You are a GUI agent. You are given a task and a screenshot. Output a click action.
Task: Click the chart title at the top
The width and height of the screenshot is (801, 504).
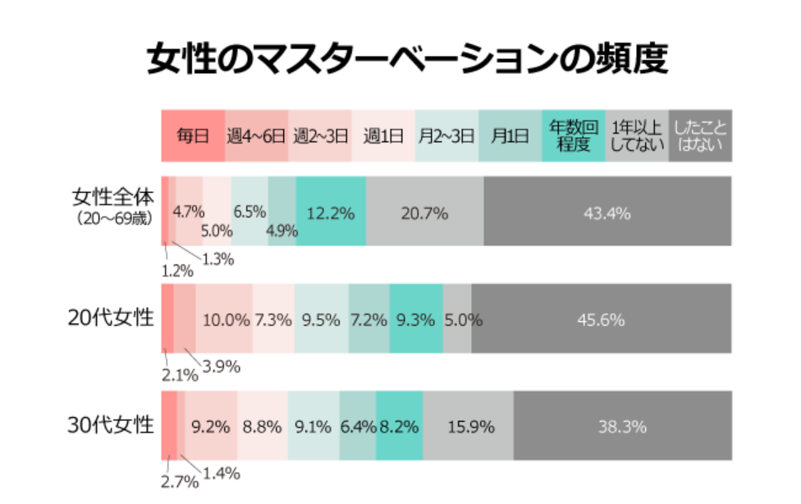click(400, 60)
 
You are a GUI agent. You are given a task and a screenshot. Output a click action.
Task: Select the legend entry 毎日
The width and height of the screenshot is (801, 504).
click(193, 135)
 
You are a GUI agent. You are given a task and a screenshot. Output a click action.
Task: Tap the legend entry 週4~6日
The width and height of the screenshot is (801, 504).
click(256, 135)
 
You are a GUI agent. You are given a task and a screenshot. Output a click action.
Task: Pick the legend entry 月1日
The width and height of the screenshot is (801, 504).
click(509, 135)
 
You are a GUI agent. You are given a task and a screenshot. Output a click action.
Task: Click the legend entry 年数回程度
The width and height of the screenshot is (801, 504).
click(573, 135)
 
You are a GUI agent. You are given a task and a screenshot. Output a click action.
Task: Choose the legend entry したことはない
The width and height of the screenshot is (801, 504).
click(700, 135)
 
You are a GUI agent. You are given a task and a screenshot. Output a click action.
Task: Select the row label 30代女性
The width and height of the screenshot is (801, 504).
click(111, 425)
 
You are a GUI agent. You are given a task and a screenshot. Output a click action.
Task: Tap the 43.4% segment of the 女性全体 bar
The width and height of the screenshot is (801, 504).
click(606, 213)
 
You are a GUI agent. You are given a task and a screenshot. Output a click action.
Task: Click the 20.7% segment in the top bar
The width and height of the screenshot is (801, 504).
click(424, 213)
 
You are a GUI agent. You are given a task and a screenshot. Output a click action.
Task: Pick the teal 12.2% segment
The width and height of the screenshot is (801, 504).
click(330, 213)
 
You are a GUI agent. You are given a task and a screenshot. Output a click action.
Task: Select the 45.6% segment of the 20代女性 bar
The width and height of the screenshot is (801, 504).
click(601, 319)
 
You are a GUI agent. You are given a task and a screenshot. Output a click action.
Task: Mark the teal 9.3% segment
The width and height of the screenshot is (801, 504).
click(415, 319)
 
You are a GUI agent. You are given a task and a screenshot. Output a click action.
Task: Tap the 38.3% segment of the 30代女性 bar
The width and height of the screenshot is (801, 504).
click(622, 427)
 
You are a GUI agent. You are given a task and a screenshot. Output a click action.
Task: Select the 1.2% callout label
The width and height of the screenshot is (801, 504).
click(176, 270)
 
